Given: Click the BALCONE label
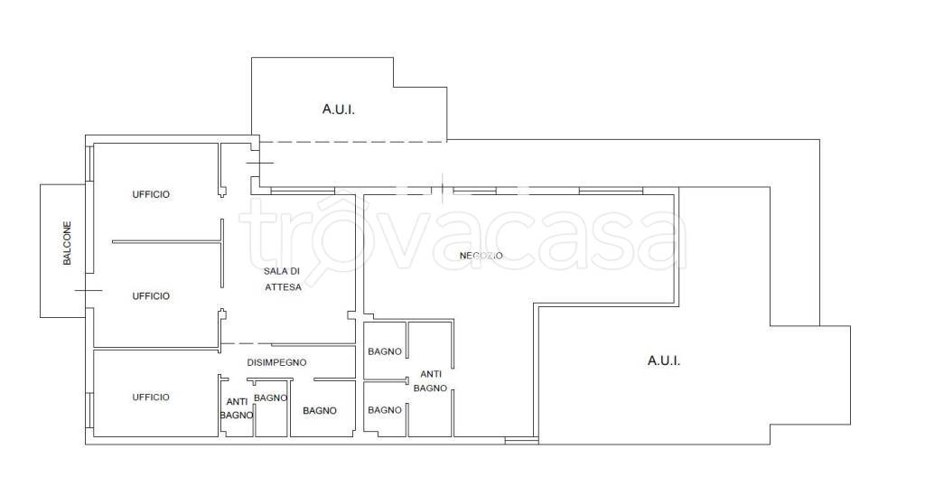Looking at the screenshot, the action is [67, 243].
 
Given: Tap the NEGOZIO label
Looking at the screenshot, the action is [481, 256].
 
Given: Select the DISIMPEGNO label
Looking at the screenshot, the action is [276, 362].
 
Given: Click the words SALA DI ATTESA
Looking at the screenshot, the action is [283, 279].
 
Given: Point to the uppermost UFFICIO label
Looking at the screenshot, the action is [151, 194].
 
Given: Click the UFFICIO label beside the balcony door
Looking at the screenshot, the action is [151, 295].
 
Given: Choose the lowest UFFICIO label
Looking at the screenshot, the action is [151, 397].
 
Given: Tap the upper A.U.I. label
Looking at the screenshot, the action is [339, 109].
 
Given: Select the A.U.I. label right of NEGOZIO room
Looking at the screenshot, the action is [664, 360].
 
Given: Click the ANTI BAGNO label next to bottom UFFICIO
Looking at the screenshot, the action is [237, 408].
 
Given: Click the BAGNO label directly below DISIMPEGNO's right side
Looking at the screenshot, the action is [320, 411].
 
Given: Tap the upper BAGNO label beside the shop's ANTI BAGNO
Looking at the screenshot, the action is [385, 351].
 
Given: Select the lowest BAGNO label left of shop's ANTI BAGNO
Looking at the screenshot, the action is [385, 410].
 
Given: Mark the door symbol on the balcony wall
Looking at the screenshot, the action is [88, 290].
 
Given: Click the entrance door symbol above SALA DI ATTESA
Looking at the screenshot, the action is [259, 163].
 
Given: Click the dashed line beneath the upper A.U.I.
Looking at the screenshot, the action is [353, 142].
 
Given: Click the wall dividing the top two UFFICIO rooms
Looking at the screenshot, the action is [166, 241].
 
